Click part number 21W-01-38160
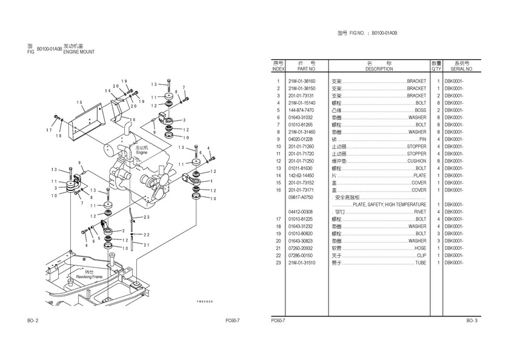click(302, 81)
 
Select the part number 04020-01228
click(302, 139)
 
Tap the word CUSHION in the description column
click(416, 161)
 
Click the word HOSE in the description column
click(420, 248)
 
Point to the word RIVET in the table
click(419, 212)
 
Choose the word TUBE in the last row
click(421, 263)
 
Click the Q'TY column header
click(436, 69)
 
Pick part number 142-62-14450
click(302, 176)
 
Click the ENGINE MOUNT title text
click(79, 52)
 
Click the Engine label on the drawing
click(142, 151)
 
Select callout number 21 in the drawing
click(146, 244)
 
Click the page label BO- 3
click(472, 320)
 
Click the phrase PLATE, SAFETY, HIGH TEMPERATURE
click(389, 205)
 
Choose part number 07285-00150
click(302, 256)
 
